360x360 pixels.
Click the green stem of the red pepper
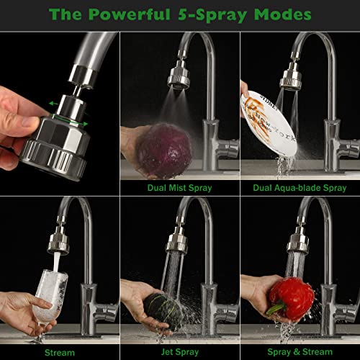(276, 310)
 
